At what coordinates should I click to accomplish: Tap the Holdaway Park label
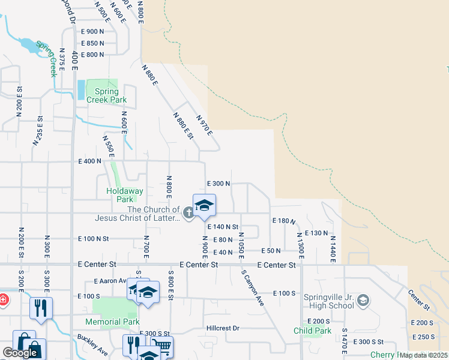[124, 195]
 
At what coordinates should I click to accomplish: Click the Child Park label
[313, 331]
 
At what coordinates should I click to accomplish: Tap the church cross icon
[188, 211]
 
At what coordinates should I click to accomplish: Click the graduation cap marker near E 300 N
[204, 205]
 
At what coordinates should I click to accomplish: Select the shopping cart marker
[161, 346]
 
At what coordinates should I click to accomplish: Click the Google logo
[20, 353]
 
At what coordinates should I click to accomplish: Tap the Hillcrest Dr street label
[223, 328]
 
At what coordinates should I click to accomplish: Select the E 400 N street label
[90, 161]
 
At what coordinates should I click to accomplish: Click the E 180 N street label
[284, 221]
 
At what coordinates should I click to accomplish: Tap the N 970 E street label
[205, 126]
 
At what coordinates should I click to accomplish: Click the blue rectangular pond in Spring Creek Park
[80, 89]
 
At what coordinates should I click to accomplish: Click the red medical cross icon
[2, 299]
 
